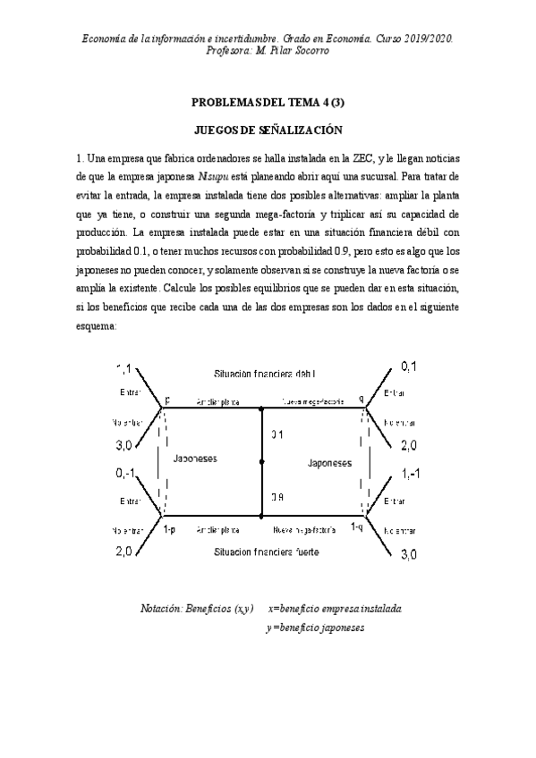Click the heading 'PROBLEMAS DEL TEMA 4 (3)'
coord(268,104)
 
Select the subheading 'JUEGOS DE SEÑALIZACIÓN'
coord(268,130)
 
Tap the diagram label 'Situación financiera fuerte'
coord(266,552)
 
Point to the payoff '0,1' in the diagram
coord(408,366)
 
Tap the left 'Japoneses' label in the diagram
coord(194,459)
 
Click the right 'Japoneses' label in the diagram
coord(330,463)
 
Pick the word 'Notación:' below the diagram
coord(160,609)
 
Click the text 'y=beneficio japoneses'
coord(315,627)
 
